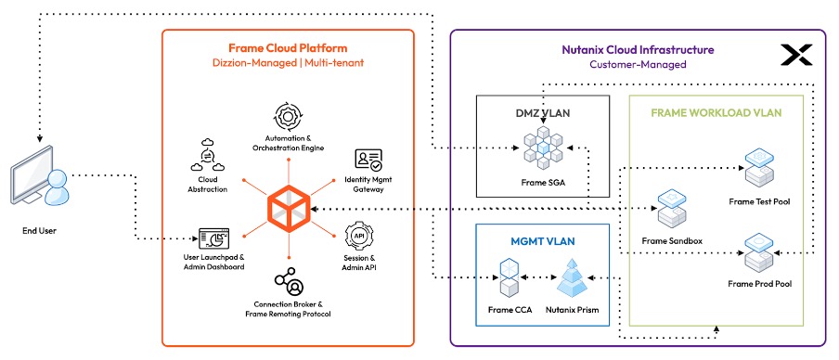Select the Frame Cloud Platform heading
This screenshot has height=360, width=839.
pos(288,48)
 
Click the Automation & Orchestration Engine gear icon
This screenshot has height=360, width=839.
pos(288,118)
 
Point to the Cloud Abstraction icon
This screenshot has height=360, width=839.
pos(207,153)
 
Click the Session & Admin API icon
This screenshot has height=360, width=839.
pos(359,236)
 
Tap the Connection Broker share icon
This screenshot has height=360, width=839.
pos(287,281)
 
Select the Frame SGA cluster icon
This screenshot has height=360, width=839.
pos(543,146)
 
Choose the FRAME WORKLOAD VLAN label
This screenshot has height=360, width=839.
pos(716,113)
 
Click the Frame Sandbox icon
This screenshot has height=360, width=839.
pos(671,211)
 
